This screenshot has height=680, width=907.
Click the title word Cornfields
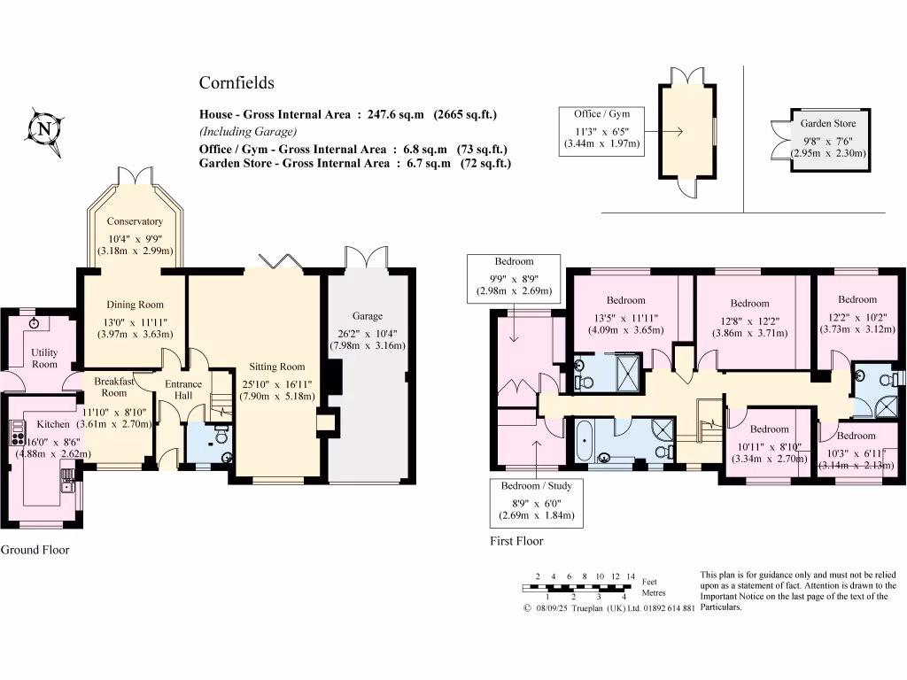pyautogui.click(x=236, y=83)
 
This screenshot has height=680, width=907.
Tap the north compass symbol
pyautogui.click(x=43, y=130)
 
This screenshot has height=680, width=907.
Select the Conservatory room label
pyautogui.click(x=135, y=221)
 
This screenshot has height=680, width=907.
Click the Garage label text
pyautogui.click(x=368, y=316)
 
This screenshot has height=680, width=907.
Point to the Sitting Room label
pyautogui.click(x=276, y=367)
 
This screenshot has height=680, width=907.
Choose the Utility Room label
pyautogui.click(x=44, y=358)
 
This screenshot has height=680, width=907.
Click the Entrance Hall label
pyautogui.click(x=183, y=390)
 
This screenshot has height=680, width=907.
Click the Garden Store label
pyautogui.click(x=827, y=124)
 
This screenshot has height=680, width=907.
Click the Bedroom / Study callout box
pyautogui.click(x=538, y=501)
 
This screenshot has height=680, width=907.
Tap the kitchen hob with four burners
pyautogui.click(x=18, y=432)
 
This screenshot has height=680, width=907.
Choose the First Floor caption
pyautogui.click(x=516, y=541)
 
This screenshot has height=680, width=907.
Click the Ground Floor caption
pyautogui.click(x=35, y=550)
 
